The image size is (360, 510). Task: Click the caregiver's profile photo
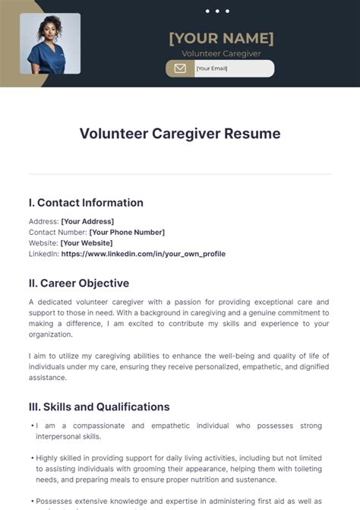tap(50, 43)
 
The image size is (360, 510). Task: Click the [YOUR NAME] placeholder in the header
tap(221, 37)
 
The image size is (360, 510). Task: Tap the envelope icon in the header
tap(180, 68)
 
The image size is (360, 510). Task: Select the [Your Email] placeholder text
tap(213, 68)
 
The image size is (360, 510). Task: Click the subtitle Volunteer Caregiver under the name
tap(220, 53)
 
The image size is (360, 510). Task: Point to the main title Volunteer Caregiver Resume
tap(180, 134)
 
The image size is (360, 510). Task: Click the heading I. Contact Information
tap(86, 203)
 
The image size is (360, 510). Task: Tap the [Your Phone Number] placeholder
tap(127, 232)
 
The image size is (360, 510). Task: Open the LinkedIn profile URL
tap(143, 254)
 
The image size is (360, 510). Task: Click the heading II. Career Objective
tap(79, 284)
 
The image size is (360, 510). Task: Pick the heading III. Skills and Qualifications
tap(99, 407)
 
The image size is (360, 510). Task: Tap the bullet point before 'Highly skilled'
tap(32, 458)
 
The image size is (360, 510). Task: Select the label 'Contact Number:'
tap(58, 232)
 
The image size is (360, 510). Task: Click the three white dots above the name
tap(217, 11)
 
